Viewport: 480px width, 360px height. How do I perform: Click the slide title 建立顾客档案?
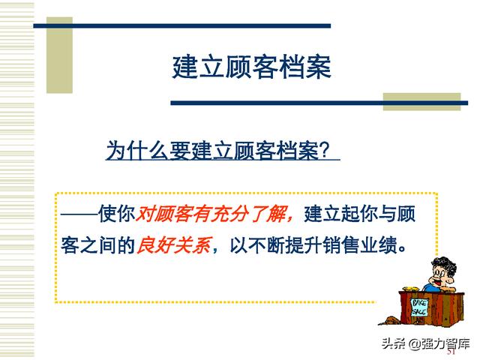coord(252,67)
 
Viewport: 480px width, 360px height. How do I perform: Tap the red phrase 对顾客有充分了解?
coord(211,214)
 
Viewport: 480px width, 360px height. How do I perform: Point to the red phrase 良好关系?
coord(174,245)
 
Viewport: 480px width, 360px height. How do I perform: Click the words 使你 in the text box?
coord(117,214)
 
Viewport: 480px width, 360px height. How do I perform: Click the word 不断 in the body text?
coord(266,245)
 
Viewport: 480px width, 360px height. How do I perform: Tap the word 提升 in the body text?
coord(303,245)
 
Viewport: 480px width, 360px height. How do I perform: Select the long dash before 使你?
coord(79,214)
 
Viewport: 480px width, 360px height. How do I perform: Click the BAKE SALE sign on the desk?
coord(419,307)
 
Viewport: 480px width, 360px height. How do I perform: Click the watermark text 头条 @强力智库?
coord(425,343)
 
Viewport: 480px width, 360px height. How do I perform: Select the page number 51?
coord(451,351)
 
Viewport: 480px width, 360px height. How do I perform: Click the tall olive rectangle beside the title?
coord(59,55)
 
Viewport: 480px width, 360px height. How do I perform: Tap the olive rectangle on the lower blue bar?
coord(421,102)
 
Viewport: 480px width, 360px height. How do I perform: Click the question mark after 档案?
coord(324,151)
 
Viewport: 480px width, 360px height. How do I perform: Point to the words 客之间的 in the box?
coord(98,245)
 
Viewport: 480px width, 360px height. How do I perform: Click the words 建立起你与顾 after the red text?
coord(360,214)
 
